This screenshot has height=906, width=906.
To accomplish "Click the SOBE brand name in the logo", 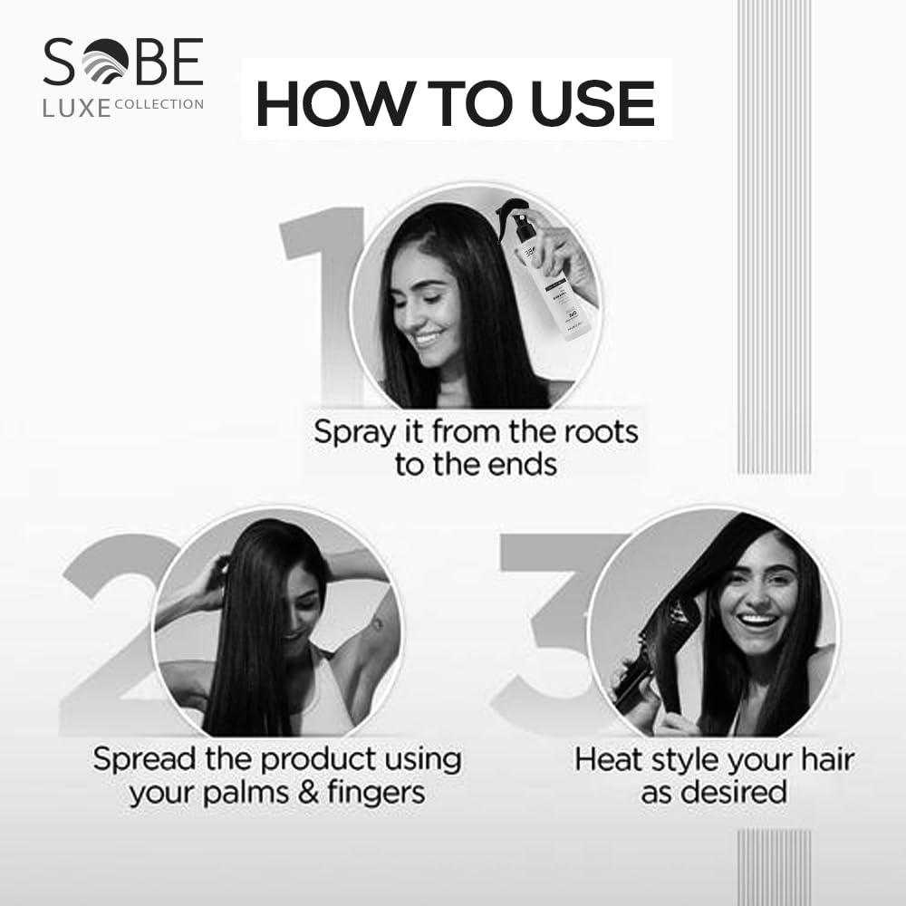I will tap(122, 63).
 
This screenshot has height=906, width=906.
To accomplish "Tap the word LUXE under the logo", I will tap(77, 108).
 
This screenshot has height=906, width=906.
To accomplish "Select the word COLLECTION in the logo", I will tap(159, 104).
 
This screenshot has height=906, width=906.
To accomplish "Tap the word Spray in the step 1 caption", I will tap(354, 432).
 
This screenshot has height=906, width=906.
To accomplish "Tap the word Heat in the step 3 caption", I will tap(609, 759).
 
